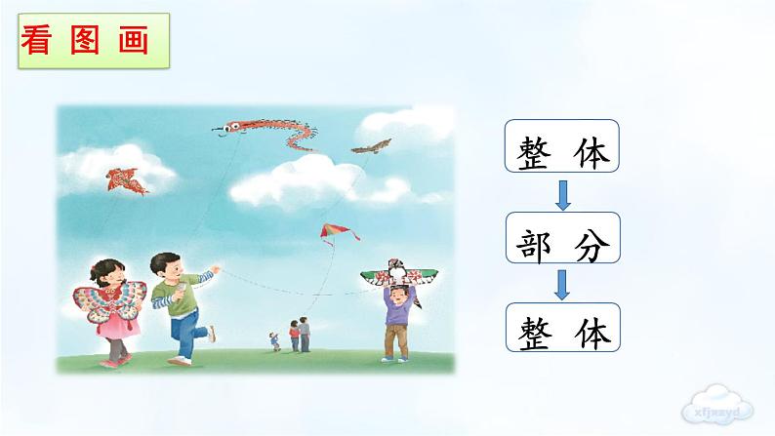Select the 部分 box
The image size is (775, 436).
coord(563,240)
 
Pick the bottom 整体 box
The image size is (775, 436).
coord(563,329)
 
